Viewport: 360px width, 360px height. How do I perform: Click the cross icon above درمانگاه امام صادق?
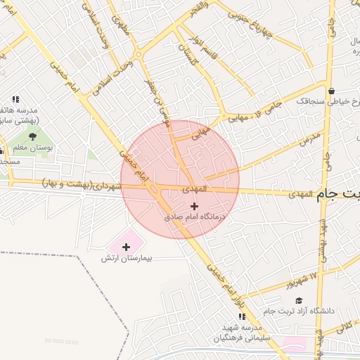[195, 205]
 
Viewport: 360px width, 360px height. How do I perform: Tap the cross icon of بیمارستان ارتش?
[126, 247]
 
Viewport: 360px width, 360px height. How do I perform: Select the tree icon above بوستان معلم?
[32, 136]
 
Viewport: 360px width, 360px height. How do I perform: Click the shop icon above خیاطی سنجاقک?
[331, 91]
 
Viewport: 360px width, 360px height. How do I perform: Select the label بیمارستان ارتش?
[137, 259]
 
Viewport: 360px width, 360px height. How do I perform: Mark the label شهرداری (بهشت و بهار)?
[82, 184]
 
